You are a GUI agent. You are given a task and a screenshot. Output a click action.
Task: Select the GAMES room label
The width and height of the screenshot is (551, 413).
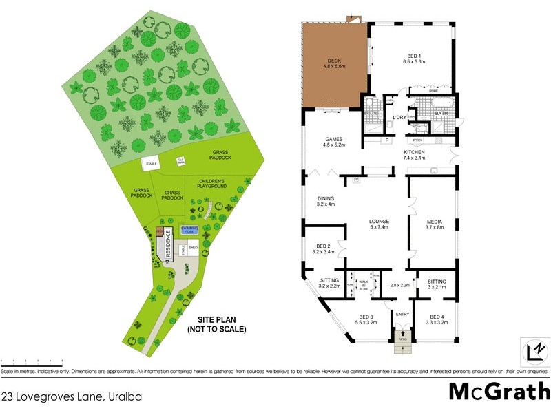pos(334,142)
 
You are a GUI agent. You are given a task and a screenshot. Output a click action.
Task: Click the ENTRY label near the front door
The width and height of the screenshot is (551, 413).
pos(402,313)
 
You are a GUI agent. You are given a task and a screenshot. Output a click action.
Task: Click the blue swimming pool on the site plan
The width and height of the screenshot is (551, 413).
pos(189,231)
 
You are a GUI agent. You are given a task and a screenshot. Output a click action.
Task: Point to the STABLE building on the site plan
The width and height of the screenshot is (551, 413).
pos(152,165)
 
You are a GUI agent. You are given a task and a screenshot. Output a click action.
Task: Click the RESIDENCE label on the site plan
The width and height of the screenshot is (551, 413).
pos(166,244)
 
